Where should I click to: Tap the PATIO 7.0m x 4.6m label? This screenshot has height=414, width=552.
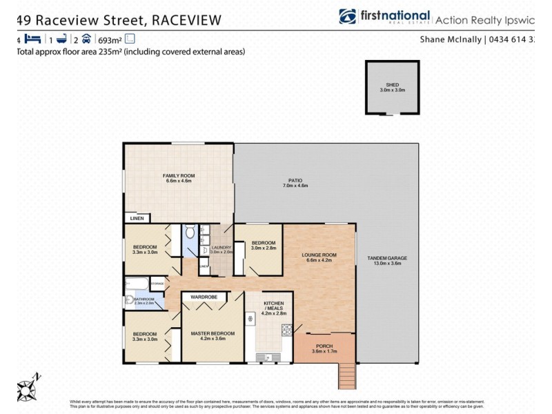coord(295,183)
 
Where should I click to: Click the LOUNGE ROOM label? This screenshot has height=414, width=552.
coord(318,257)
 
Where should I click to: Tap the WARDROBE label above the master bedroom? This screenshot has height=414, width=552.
coord(204,297)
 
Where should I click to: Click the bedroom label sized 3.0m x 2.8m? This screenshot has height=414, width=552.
coord(263,246)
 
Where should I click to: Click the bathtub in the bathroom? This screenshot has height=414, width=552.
coord(136,284)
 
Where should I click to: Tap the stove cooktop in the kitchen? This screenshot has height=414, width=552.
coord(284,331)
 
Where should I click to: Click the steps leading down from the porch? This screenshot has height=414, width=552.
coord(346,377)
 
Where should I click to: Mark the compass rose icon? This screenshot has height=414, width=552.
coord(28,386)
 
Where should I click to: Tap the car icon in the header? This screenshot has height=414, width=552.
coord(86,39)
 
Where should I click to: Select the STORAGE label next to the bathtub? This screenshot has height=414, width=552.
coord(157,284)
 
